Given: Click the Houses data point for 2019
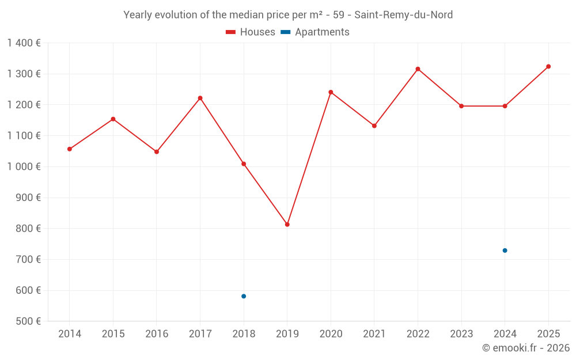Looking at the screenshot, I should (x=287, y=225).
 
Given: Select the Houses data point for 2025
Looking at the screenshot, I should (x=548, y=66).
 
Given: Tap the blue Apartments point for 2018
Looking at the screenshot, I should (x=244, y=296).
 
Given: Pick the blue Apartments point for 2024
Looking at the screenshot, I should (x=505, y=251).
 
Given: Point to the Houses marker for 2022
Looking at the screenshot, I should (x=418, y=69).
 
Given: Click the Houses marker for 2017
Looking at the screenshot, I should (x=200, y=98).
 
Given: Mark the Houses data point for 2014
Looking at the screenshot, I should (x=70, y=149).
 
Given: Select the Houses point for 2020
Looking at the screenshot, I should (x=331, y=92).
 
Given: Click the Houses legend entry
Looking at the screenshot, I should (x=251, y=32).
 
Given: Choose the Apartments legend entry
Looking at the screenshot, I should (x=315, y=32).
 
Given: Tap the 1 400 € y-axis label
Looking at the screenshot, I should (x=24, y=43).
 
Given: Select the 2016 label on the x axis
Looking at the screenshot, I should (x=157, y=334).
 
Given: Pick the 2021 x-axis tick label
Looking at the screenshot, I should (x=374, y=334).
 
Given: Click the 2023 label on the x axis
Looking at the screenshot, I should (x=461, y=334).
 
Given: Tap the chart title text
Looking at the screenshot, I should (x=288, y=15).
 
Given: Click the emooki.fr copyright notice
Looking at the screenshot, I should (x=525, y=348).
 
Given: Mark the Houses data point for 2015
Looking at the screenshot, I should (x=113, y=119).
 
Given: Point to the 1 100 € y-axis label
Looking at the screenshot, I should (x=24, y=135).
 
